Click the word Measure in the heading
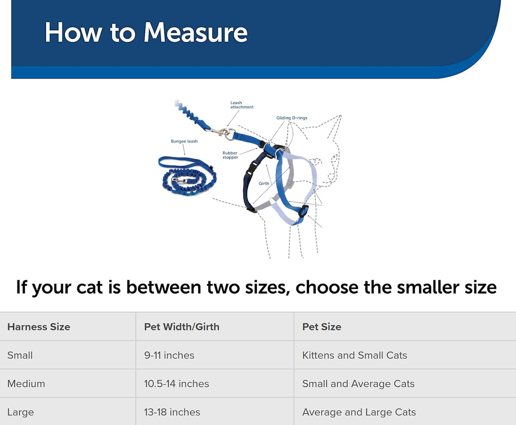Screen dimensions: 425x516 (x=195, y=32)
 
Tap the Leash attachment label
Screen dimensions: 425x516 (x=242, y=105)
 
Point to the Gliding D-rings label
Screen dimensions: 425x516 (x=291, y=118)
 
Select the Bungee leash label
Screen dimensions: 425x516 (x=184, y=141)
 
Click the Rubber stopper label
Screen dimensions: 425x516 (x=230, y=155)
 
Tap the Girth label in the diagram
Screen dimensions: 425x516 (x=264, y=183)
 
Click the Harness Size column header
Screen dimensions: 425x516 (x=39, y=327)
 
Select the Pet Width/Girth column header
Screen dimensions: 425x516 (x=181, y=327)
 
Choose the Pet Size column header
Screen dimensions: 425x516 (x=321, y=327)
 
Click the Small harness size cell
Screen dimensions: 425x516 (x=20, y=355)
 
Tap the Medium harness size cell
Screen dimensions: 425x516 (x=26, y=384)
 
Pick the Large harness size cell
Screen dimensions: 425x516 (x=20, y=412)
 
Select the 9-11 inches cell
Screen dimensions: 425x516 (x=169, y=355)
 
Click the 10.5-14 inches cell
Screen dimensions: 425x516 (x=176, y=384)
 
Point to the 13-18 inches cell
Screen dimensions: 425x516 (x=172, y=412)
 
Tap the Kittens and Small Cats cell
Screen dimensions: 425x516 (x=354, y=355)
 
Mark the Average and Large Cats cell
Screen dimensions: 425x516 (x=359, y=412)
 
